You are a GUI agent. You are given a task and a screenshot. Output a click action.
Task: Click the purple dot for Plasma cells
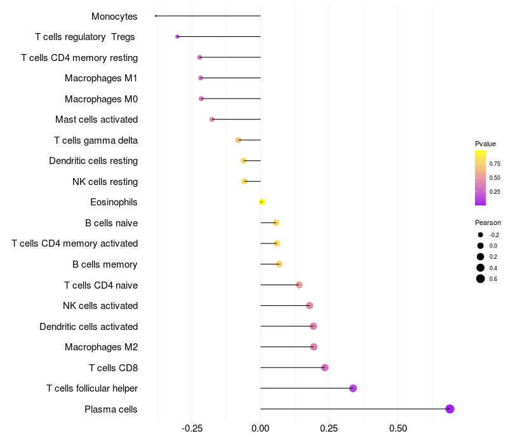(x=450, y=409)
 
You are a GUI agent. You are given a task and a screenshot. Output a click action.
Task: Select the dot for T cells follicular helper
(x=353, y=388)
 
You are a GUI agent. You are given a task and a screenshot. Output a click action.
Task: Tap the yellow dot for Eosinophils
(x=262, y=202)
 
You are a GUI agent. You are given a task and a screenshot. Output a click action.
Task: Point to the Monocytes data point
(x=156, y=16)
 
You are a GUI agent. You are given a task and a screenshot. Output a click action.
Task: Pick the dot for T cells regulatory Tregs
(x=177, y=37)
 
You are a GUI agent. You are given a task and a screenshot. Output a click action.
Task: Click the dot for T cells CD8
(x=325, y=367)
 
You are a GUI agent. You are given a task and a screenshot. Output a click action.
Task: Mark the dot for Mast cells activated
(x=212, y=120)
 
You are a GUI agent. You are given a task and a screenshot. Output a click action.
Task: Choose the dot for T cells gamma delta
(x=239, y=140)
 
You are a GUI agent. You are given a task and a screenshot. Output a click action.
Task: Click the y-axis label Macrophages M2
(x=101, y=347)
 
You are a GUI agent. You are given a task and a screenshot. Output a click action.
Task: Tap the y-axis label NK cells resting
(x=105, y=182)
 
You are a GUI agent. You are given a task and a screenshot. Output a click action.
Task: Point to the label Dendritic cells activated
(x=88, y=327)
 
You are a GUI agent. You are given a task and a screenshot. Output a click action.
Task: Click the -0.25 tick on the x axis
(x=192, y=429)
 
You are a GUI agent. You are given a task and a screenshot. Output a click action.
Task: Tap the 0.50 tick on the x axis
(x=398, y=429)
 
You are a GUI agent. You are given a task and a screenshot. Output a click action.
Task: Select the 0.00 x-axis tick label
(x=260, y=429)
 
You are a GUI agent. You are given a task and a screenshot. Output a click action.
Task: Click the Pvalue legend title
(x=485, y=144)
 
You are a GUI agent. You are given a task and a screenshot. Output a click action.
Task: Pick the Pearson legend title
(x=488, y=223)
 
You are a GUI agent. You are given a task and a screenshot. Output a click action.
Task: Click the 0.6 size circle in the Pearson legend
(x=481, y=278)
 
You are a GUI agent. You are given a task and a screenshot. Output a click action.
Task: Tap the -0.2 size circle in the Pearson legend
(x=481, y=235)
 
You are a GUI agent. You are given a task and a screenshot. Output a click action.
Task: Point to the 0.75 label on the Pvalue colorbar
(x=495, y=163)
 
